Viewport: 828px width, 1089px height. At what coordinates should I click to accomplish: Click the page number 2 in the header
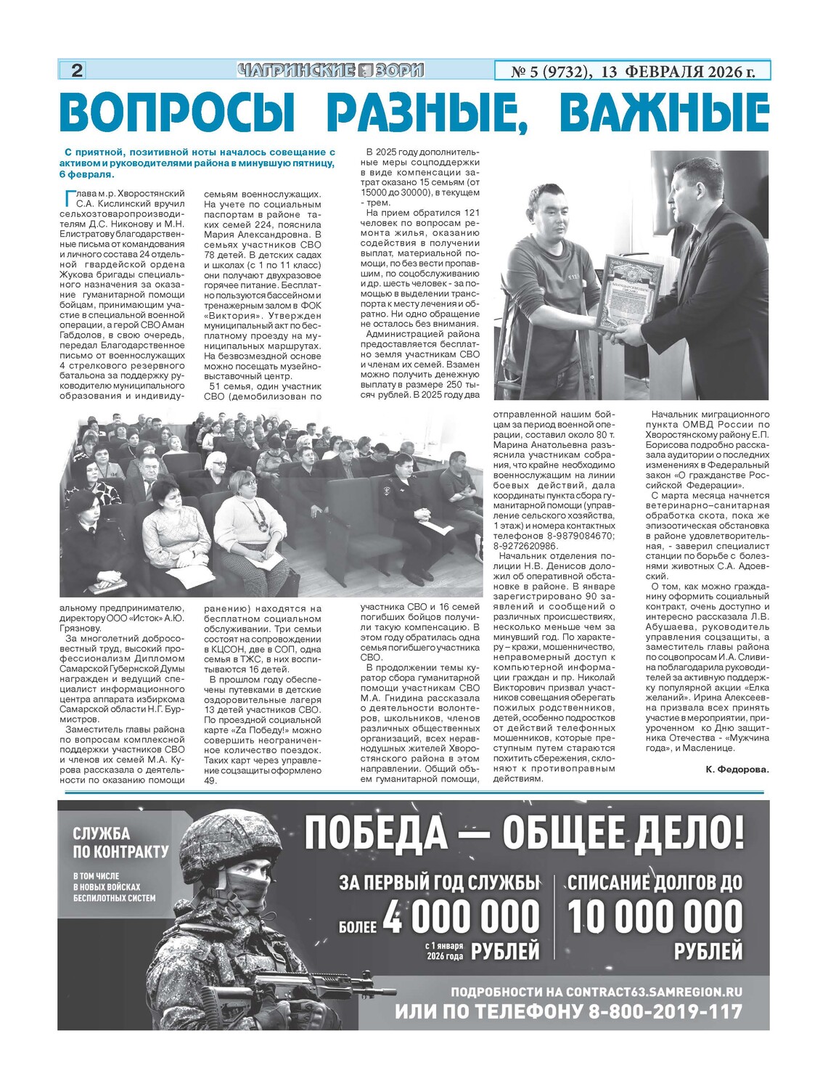(77, 70)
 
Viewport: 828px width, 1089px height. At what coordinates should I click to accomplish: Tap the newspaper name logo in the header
(330, 70)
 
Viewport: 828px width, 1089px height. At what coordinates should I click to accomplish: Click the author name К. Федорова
(736, 769)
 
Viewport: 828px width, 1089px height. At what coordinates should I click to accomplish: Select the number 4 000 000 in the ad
(461, 917)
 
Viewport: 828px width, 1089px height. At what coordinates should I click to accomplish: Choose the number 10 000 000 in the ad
(655, 917)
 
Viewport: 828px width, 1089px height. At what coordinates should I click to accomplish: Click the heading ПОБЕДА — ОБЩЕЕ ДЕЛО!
(524, 833)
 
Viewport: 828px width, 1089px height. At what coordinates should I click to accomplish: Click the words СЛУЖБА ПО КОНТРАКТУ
(120, 842)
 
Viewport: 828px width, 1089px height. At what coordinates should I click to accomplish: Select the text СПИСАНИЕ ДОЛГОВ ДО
(655, 882)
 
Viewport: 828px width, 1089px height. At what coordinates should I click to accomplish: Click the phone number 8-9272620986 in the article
(525, 546)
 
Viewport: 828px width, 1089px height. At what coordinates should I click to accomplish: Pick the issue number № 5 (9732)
(549, 71)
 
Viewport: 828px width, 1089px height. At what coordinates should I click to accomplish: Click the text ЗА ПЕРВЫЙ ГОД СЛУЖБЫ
(440, 882)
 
